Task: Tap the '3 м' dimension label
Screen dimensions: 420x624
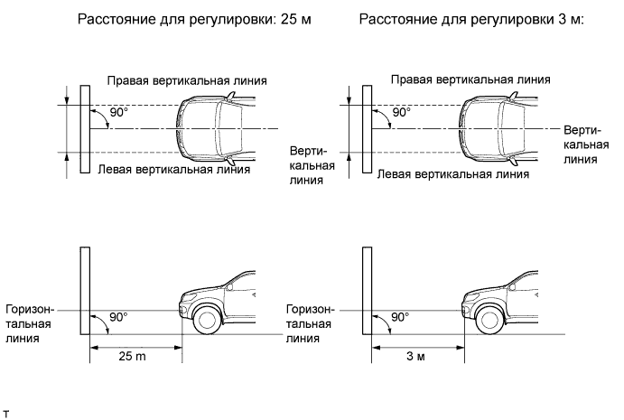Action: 416,357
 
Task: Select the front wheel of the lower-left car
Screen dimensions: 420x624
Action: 206,319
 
